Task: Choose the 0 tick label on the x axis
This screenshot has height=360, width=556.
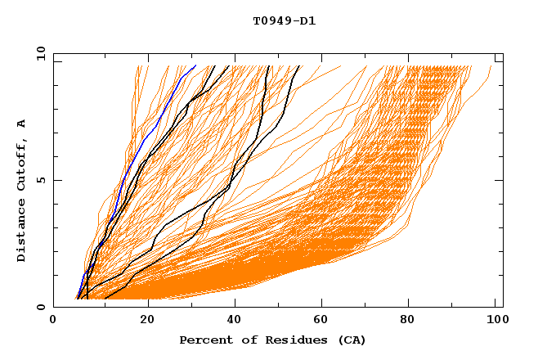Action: click(54, 322)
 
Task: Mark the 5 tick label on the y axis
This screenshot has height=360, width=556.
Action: click(40, 180)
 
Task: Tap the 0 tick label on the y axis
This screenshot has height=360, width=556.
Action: click(40, 307)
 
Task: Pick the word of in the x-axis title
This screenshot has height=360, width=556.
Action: click(244, 340)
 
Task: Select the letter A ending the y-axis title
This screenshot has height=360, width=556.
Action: click(22, 123)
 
